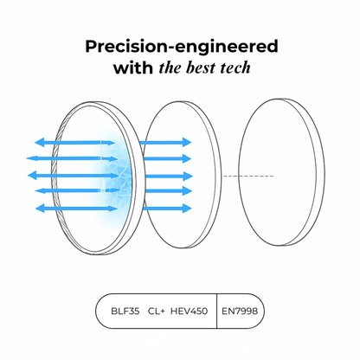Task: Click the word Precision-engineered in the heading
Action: tap(182, 47)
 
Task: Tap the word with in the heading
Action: tap(133, 68)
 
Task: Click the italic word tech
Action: tap(235, 67)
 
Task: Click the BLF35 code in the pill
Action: tap(125, 312)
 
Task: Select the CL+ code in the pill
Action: tap(157, 312)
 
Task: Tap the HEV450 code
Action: tap(189, 312)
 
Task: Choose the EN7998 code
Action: tap(240, 312)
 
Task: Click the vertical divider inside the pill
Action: tap(216, 311)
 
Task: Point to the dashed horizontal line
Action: tap(248, 176)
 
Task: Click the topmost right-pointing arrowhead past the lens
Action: tap(187, 142)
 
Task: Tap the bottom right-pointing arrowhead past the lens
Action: tap(187, 208)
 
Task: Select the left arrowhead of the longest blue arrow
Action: tap(31, 158)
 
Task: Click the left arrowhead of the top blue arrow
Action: tap(40, 142)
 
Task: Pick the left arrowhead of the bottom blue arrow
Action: tap(40, 209)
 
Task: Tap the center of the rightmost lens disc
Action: tap(281, 172)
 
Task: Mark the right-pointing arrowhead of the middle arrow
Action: tap(188, 176)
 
